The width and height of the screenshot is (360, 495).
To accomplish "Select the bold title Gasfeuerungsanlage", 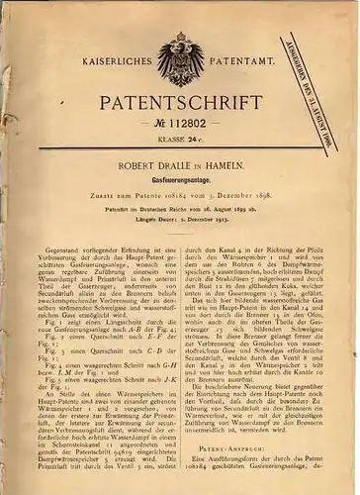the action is (x=180, y=198).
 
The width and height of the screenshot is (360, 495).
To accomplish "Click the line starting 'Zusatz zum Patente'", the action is (x=180, y=214).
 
